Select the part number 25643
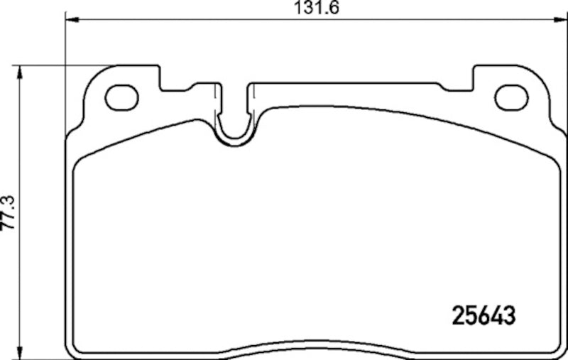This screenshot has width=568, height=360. pyautogui.click(x=483, y=313)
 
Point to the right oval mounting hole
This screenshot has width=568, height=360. pyautogui.click(x=511, y=97)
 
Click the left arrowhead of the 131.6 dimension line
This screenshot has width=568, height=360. pyautogui.click(x=70, y=21)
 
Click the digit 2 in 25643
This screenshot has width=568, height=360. pyautogui.click(x=459, y=313)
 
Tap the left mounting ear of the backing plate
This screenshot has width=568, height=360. pyautogui.click(x=114, y=96)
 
